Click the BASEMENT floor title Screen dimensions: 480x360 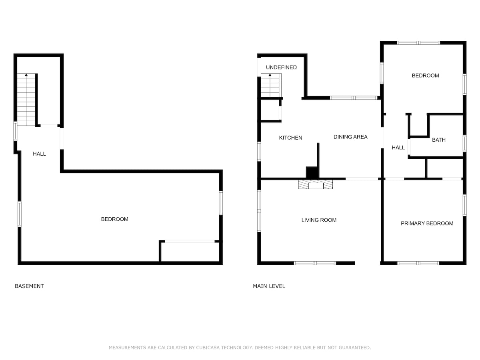pos(29,286)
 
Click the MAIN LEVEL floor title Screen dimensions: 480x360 pos(269,286)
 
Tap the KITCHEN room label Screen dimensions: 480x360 pos(290,138)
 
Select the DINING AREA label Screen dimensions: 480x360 pos(350,137)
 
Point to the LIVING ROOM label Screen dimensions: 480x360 pos(319,220)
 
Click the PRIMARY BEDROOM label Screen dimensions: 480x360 pos(427,223)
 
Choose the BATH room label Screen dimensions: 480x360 pos(439,140)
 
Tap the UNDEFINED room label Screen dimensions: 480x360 pos(281,67)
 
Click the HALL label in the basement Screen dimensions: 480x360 pos(39,154)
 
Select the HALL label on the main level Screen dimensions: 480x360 pos(398,148)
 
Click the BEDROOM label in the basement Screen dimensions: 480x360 pos(114,219)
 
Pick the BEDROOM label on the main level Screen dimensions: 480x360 pos(425,76)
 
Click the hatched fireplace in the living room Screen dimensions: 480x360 pos(315,184)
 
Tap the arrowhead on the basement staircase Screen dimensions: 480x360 pos(26,75)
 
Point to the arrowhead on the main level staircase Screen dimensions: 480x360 pos(270,75)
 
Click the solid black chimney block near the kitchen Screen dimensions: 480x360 pos(312,173)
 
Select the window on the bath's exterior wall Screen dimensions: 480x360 pos(464,143)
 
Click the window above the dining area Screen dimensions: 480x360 pos(354,98)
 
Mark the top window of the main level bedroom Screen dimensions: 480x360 pos(418,43)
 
